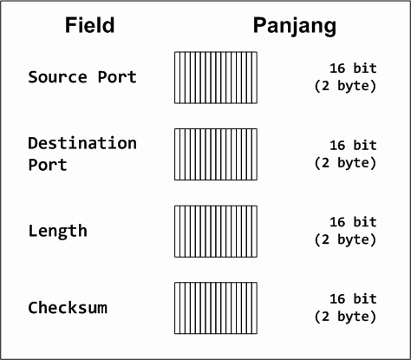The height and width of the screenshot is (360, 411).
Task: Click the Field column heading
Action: click(x=89, y=25)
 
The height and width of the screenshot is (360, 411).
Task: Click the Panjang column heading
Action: click(x=295, y=27)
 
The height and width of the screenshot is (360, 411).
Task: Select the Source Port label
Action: click(x=82, y=77)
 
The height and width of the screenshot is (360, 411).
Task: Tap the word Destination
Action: click(x=82, y=143)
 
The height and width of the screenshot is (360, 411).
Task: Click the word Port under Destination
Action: click(x=48, y=165)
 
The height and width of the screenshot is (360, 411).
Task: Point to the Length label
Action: click(x=58, y=231)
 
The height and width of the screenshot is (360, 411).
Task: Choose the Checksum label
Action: click(x=68, y=307)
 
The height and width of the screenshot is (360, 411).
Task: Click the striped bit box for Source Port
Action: click(x=216, y=77)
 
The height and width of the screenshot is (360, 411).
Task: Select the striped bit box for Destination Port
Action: click(x=216, y=154)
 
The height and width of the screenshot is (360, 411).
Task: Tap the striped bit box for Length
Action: click(x=216, y=232)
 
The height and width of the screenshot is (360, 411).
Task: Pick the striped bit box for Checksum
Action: click(x=216, y=308)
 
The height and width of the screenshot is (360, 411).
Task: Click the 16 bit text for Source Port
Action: click(x=353, y=69)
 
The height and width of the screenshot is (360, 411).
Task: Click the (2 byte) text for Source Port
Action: click(x=345, y=86)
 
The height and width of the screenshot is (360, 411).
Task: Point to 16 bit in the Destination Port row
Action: click(x=353, y=145)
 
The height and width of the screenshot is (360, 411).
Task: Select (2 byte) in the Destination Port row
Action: click(x=345, y=163)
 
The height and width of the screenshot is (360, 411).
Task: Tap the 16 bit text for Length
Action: click(x=353, y=222)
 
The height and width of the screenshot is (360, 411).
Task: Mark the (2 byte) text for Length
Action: click(x=345, y=240)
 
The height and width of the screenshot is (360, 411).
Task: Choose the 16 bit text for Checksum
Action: click(x=353, y=298)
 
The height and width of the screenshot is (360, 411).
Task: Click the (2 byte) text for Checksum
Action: click(x=345, y=317)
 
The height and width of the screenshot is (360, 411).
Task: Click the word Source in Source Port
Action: click(x=57, y=77)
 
